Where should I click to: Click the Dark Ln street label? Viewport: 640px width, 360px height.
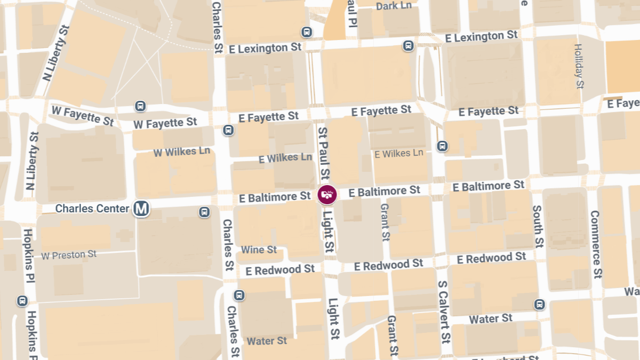click(394, 6)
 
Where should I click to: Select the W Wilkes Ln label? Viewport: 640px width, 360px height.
click(182, 152)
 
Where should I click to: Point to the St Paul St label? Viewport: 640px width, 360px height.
click(324, 153)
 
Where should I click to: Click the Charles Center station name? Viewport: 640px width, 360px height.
click(92, 208)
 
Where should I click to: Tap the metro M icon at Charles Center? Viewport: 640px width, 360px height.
click(141, 209)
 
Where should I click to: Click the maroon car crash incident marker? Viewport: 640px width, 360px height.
click(327, 195)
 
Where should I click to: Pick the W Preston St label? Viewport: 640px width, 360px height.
click(69, 255)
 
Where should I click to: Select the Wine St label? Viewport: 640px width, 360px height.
click(259, 250)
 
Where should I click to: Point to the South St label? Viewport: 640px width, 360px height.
click(538, 227)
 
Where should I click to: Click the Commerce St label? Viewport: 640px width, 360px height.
click(596, 244)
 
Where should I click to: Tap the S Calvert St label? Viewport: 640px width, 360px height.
click(444, 311)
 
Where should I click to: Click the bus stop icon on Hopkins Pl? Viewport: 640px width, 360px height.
click(22, 301)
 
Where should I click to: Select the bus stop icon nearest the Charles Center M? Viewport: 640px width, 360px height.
click(204, 212)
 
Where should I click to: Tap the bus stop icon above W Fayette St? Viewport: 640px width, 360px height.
click(140, 106)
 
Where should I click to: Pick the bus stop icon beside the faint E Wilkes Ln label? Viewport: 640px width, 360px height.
click(442, 146)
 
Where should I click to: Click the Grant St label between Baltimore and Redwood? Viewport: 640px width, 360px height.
click(385, 222)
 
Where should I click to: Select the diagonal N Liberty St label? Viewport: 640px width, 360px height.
click(57, 52)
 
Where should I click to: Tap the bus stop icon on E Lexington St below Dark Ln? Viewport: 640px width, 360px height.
click(408, 46)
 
